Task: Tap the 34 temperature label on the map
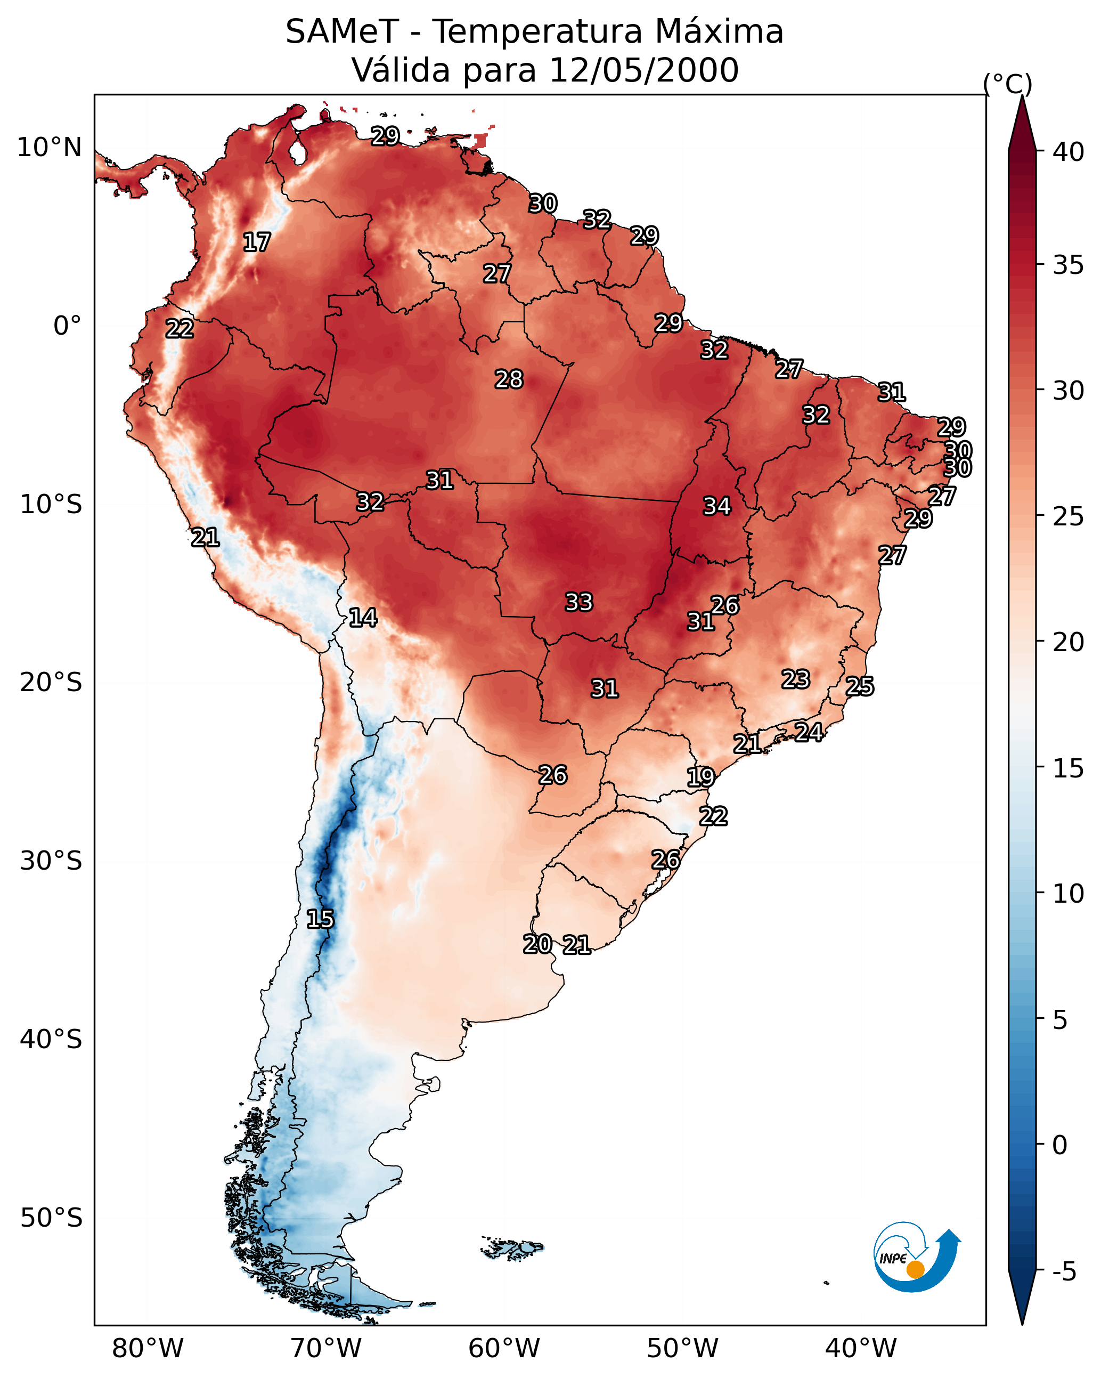[x=716, y=506]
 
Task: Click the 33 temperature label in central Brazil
[x=578, y=602]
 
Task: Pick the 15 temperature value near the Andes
[x=320, y=919]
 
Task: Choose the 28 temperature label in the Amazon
[x=509, y=379]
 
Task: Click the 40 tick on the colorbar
[x=1068, y=151]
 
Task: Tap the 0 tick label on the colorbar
[x=1059, y=1145]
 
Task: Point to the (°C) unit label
[x=1007, y=84]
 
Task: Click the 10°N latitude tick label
[x=49, y=147]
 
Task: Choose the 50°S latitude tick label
[x=51, y=1218]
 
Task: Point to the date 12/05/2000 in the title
[x=643, y=70]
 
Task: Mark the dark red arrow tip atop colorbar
[x=1022, y=106]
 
